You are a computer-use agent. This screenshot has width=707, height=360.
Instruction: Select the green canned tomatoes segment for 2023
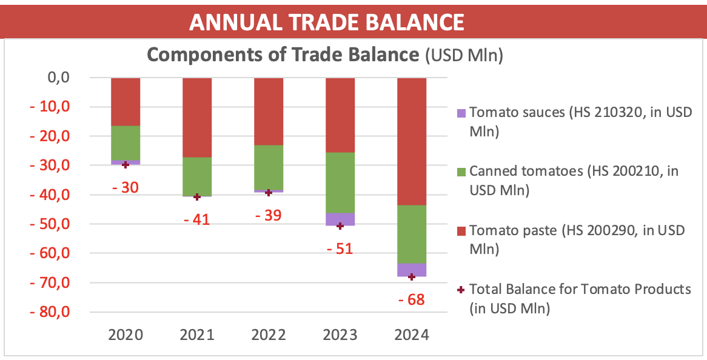[x=340, y=182]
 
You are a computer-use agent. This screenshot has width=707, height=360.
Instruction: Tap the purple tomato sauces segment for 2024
[x=412, y=270]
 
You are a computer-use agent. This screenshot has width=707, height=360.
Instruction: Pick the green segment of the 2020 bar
[x=126, y=143]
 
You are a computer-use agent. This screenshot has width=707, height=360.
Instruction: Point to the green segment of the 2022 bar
[x=269, y=167]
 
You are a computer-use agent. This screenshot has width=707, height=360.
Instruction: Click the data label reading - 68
[x=412, y=299]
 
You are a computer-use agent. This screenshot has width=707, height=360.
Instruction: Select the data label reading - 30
[x=126, y=187]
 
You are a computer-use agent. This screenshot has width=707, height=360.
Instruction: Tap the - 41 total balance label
[x=197, y=219]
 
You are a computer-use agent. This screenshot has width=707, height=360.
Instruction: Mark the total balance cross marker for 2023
[x=340, y=226]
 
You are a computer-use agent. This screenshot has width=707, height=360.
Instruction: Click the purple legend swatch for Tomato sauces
[x=461, y=113]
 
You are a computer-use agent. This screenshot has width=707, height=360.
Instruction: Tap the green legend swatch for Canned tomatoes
[x=461, y=172]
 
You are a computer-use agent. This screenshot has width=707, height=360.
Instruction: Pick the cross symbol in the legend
[x=461, y=290]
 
